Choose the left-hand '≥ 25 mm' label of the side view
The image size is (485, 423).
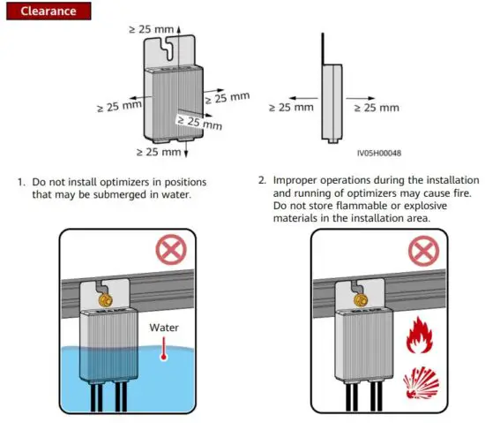click(290, 108)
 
